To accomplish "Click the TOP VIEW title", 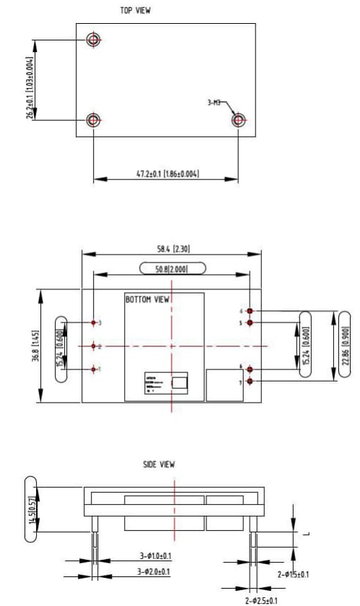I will tap(136, 10).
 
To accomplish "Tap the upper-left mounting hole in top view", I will tap(93, 39).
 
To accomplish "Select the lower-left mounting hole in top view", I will tap(93, 120).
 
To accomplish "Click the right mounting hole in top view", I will tap(239, 120).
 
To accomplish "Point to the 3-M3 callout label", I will tap(214, 103).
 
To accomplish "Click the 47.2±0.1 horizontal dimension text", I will tap(166, 174).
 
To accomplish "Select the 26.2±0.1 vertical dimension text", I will tap(30, 87).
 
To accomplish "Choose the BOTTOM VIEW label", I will tap(148, 299).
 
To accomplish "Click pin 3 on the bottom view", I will tap(94, 322).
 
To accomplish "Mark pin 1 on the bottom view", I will tap(94, 369).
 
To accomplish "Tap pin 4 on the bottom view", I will tap(250, 312).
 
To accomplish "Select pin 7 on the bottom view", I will tap(250, 380).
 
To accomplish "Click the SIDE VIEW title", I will tap(159, 465).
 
